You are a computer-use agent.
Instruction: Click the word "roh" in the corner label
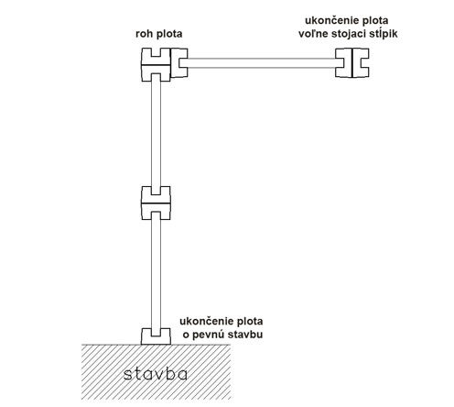click(x=145, y=34)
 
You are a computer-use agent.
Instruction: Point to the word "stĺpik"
click(x=384, y=34)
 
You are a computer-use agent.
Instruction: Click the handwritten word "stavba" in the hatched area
click(x=156, y=374)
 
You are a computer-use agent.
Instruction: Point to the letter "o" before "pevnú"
click(x=186, y=335)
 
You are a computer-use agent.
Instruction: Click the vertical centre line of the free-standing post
click(x=352, y=62)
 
